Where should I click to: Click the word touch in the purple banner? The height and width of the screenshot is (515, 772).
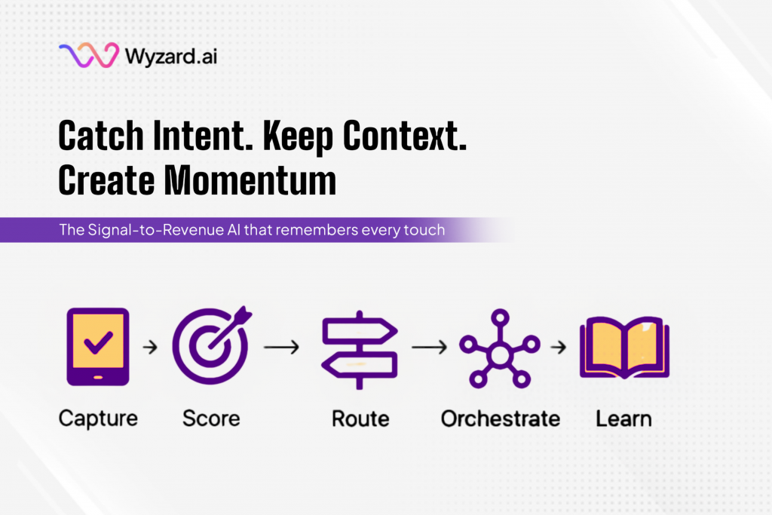pyautogui.click(x=424, y=230)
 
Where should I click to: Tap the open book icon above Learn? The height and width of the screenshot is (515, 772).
pyautogui.click(x=623, y=348)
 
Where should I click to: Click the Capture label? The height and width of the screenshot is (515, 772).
pyautogui.click(x=98, y=418)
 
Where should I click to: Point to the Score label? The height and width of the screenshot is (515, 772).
pyautogui.click(x=210, y=418)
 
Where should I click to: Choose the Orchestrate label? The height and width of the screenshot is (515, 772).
pyautogui.click(x=500, y=418)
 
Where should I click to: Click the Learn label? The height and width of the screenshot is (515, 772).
pyautogui.click(x=623, y=418)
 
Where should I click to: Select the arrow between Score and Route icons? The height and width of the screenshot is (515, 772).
pyautogui.click(x=281, y=348)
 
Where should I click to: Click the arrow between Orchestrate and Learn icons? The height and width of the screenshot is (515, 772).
pyautogui.click(x=559, y=348)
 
